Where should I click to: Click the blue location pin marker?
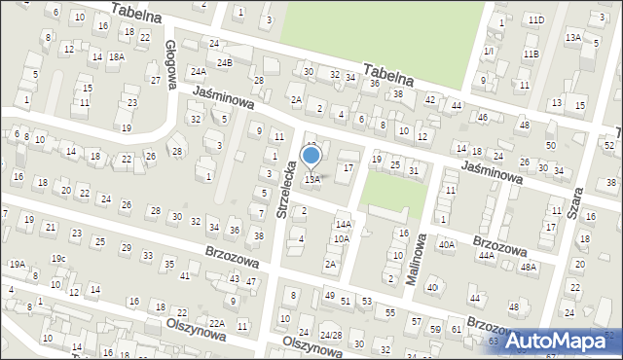click(x=311, y=156)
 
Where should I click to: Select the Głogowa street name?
click(x=172, y=64)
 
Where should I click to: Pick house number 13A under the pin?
click(x=312, y=179)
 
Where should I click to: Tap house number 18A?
click(x=117, y=56)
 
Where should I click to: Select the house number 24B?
click(x=225, y=62)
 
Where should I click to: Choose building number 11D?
click(x=535, y=19)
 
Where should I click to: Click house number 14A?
click(x=343, y=225)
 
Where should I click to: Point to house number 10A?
click(x=341, y=238)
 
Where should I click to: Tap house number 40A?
click(x=447, y=244)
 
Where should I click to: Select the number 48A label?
click(x=529, y=266)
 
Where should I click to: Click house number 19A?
click(x=18, y=264)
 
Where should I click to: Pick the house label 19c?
click(x=59, y=258)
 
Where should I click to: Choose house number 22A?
click(x=217, y=323)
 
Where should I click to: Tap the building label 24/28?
click(x=331, y=335)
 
